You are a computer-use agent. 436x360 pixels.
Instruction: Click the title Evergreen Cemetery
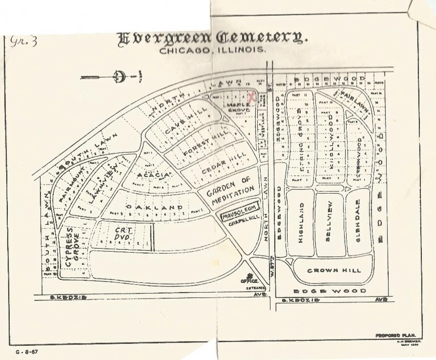pyautogui.click(x=212, y=38)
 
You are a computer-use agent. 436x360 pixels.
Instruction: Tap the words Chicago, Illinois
pyautogui.click(x=212, y=50)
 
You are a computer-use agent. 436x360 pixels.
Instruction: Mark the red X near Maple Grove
pyautogui.click(x=251, y=97)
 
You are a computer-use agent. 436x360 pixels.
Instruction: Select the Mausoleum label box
pyautogui.click(x=239, y=216)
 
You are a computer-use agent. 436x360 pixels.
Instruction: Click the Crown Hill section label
pyautogui.click(x=333, y=270)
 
